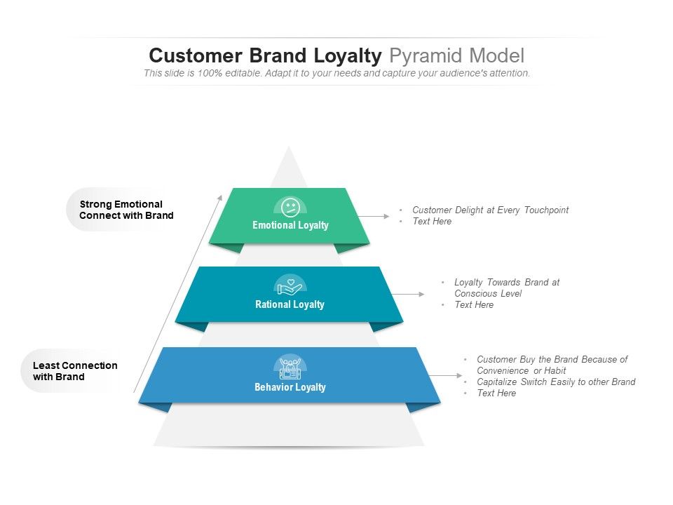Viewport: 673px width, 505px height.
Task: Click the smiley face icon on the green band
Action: pos(290,208)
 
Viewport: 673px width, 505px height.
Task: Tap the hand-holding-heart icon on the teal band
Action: pos(290,287)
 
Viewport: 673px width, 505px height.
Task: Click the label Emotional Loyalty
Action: pos(290,225)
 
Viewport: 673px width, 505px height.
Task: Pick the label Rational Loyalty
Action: pos(290,304)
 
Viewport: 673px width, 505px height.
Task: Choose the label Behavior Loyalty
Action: pos(290,387)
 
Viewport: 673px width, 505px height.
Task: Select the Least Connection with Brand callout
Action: pos(75,371)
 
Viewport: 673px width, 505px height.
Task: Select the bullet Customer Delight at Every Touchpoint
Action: pos(490,210)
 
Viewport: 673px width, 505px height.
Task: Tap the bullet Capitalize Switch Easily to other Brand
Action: pos(556,382)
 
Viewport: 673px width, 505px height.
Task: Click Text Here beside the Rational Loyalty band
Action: pos(474,304)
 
